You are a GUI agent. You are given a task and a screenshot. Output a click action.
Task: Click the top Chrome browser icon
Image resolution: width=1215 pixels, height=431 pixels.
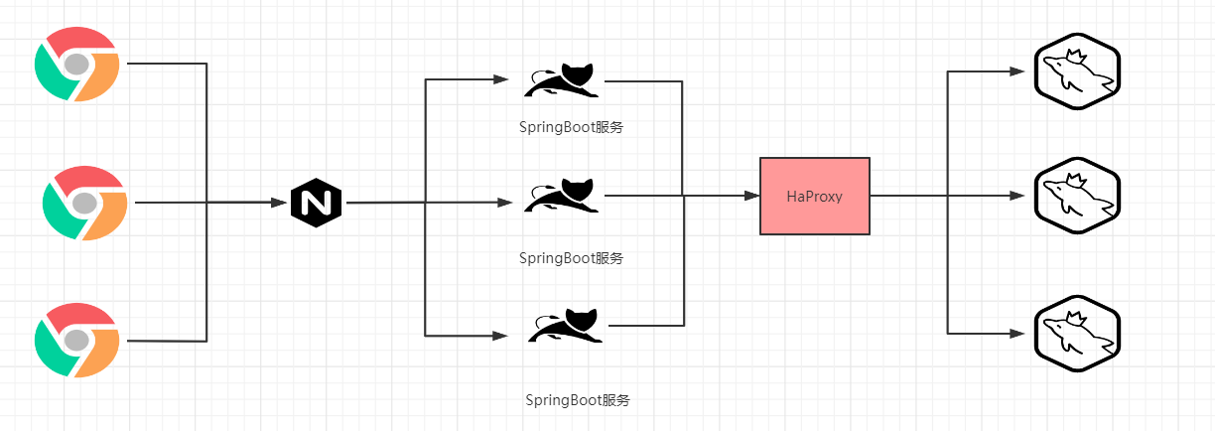[x=77, y=64]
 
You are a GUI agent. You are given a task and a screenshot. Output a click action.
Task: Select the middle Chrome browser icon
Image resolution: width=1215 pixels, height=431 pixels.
[x=85, y=203]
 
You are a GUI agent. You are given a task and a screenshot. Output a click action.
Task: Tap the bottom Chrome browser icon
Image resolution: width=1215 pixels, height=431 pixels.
[x=77, y=341]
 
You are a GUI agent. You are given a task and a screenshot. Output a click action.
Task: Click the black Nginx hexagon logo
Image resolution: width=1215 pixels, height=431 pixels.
[x=317, y=203]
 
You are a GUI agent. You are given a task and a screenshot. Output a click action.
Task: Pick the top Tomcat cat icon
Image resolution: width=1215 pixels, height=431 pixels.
[x=562, y=80]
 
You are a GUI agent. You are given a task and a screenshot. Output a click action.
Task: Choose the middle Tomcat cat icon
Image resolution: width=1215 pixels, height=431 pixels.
[x=562, y=195]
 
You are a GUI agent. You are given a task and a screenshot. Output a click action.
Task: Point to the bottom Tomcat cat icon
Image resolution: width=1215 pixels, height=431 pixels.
[x=565, y=326]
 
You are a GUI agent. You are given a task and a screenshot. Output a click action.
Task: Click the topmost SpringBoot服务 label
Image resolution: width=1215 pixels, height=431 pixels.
[x=571, y=127]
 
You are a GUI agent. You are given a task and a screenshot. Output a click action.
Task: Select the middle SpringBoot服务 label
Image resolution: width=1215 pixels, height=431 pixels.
[x=571, y=258]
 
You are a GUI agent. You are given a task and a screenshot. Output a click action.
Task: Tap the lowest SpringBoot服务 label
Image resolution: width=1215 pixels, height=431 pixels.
[x=578, y=400]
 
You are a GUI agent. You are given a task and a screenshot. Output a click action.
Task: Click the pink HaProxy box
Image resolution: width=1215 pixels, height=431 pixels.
[x=815, y=196]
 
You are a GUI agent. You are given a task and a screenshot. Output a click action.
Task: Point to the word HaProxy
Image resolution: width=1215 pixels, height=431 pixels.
[x=815, y=197]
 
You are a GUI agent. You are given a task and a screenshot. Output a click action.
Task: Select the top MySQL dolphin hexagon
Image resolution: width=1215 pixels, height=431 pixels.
[x=1077, y=72]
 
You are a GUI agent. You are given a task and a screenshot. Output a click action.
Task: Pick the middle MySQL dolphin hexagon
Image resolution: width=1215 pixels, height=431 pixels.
[x=1077, y=196]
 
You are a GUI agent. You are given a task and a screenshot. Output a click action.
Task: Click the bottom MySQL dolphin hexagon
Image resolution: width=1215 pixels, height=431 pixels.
[x=1077, y=334]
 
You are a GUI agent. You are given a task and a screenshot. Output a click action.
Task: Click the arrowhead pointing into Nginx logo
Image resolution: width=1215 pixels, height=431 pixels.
[x=279, y=203]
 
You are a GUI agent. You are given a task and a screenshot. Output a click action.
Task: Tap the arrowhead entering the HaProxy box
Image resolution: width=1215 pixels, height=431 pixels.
[x=751, y=196]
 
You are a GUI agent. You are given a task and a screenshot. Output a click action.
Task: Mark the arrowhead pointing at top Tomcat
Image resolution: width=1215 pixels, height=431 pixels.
[x=500, y=79]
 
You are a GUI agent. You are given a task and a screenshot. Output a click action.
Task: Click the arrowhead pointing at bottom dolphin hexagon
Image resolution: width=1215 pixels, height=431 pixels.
[x=1017, y=334]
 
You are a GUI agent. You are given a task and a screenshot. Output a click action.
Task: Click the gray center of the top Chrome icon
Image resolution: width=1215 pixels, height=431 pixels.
[x=77, y=64]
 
